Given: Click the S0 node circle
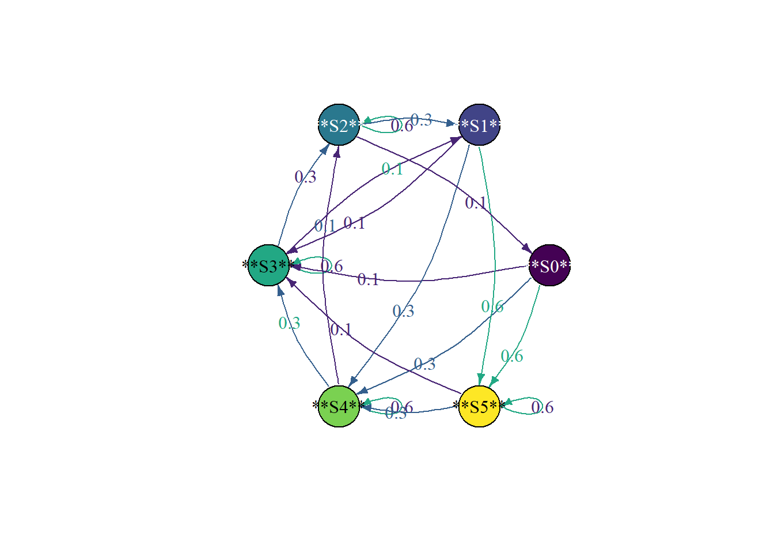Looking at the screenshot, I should [x=549, y=266].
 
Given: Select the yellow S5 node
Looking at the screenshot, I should [x=479, y=407].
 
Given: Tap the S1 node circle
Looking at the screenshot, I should [x=479, y=125].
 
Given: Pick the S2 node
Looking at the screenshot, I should [x=339, y=125].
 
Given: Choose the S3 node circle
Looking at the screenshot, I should [x=269, y=266].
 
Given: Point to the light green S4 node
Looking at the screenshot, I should [x=339, y=407].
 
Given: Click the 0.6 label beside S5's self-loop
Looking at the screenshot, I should [x=542, y=407].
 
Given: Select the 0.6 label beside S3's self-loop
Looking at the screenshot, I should [x=332, y=266].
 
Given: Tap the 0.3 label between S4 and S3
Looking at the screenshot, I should [x=289, y=323].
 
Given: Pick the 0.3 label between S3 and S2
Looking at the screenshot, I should [x=305, y=177].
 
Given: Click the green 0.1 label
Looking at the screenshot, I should [x=392, y=169].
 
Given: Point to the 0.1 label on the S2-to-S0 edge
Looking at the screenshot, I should [x=476, y=203].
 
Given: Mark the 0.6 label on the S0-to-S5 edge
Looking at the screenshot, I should [x=512, y=356].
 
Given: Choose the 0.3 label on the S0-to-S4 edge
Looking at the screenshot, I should [x=424, y=364].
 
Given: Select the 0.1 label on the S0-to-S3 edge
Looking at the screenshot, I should [x=368, y=279].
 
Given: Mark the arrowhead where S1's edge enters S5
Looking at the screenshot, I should [x=480, y=379].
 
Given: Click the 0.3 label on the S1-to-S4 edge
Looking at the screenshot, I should [x=403, y=311].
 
